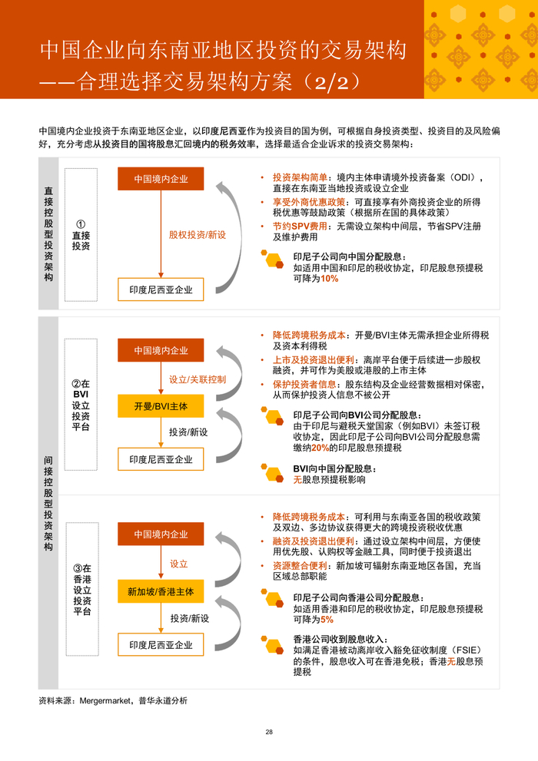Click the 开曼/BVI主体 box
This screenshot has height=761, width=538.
pos(161,405)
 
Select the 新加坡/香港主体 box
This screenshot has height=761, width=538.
pos(161,591)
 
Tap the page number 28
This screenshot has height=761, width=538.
pos(269,732)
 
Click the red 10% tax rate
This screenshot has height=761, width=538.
pos(330,279)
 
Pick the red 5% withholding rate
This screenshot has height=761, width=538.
pos(327,619)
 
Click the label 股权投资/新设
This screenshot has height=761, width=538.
pos(198,234)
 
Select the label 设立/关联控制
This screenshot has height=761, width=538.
pos(198,379)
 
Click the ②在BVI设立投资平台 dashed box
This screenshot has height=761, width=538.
pos(81,405)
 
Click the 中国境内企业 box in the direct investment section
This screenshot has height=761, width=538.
pos(161,179)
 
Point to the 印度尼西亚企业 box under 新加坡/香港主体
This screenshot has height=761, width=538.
pos(161,644)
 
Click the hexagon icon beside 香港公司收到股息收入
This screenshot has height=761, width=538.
pos(274,641)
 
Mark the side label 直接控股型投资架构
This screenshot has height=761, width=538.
pos(48,233)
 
